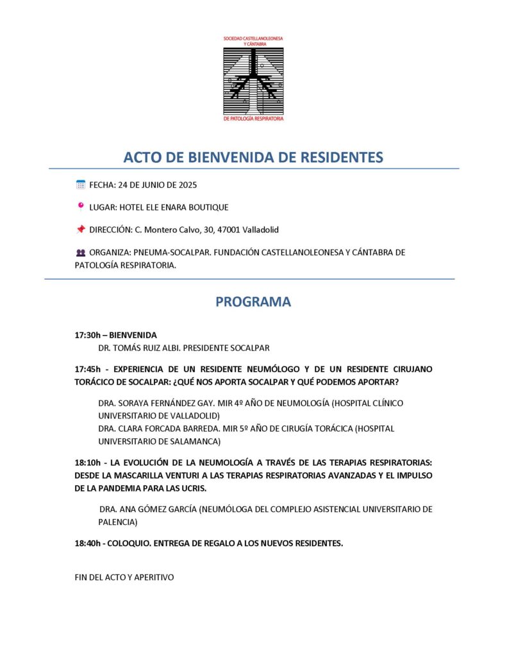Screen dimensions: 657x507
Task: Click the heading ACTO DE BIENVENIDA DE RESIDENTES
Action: [253, 157]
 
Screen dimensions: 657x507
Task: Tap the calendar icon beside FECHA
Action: [81, 185]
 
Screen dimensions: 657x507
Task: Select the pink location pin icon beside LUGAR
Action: [81, 207]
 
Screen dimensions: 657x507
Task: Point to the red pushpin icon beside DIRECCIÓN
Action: [81, 229]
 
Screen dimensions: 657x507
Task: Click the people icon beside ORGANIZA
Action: [81, 253]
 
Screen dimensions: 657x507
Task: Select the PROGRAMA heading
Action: [253, 302]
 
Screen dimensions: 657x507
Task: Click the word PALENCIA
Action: [113, 522]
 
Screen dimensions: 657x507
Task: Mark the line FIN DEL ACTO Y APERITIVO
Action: [124, 577]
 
